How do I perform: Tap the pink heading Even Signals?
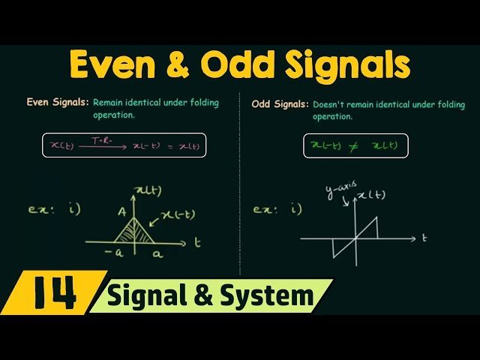click(58, 103)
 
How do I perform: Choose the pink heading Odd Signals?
click(280, 105)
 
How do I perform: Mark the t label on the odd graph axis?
click(424, 238)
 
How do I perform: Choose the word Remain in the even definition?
click(111, 103)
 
